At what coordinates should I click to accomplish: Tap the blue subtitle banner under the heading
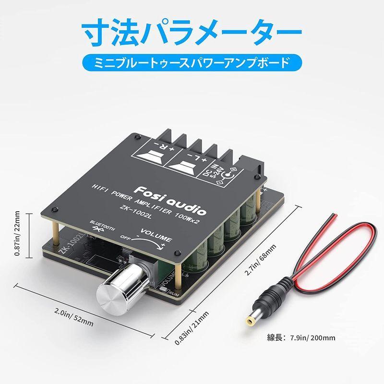click(192, 62)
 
